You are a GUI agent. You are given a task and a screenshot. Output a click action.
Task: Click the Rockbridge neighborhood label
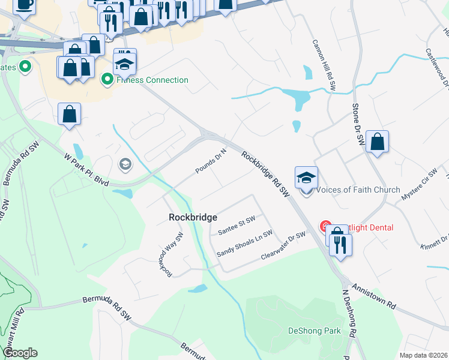193,217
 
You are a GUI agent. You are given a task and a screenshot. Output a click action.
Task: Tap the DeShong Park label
315,331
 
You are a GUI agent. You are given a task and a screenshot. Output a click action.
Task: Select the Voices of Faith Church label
358,190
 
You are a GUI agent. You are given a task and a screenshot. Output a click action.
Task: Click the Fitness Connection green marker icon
107,79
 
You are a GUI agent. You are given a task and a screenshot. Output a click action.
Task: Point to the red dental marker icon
325,227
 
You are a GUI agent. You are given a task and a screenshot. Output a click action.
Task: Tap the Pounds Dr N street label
211,161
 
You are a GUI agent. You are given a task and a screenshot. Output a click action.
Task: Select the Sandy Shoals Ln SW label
244,243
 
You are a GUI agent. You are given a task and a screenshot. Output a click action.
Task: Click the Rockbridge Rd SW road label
266,173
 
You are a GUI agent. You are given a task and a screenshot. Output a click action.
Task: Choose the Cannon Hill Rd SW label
324,65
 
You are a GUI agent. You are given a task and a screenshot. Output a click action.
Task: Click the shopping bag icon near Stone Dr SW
377,142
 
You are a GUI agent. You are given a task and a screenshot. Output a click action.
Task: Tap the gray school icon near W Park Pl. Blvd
125,164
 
